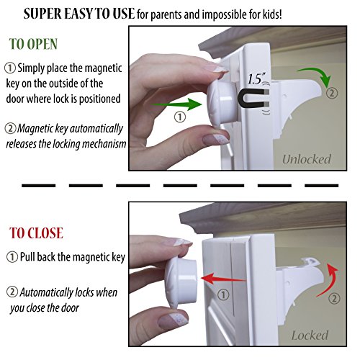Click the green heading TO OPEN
click(x=33, y=44)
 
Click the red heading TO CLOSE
click(x=36, y=233)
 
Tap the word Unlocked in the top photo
click(x=307, y=159)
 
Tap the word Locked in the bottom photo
click(x=310, y=336)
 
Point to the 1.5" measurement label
click(x=256, y=78)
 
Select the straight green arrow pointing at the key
click(x=176, y=104)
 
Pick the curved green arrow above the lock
click(x=315, y=76)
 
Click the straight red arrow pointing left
click(x=224, y=279)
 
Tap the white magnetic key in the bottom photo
click(x=181, y=282)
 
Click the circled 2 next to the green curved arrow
click(x=332, y=93)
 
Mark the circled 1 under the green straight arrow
click(x=180, y=117)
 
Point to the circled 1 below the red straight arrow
click(x=223, y=294)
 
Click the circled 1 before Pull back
click(x=12, y=257)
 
